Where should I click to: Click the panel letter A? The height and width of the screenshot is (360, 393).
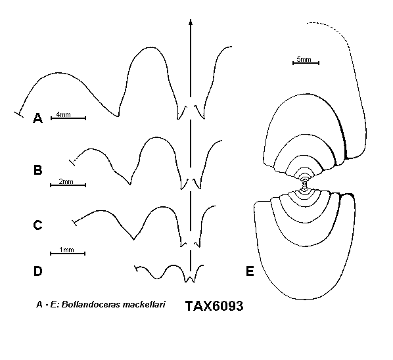(x=38, y=118)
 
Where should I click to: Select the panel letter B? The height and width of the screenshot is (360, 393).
(x=38, y=170)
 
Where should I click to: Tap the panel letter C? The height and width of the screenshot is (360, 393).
(x=37, y=225)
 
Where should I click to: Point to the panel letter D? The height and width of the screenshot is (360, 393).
(x=38, y=271)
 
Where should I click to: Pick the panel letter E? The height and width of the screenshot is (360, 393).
(x=250, y=271)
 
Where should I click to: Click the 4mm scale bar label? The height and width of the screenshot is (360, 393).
(x=63, y=114)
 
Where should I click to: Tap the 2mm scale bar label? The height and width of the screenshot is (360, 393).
(x=66, y=181)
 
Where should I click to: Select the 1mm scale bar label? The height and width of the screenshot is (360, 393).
(x=66, y=250)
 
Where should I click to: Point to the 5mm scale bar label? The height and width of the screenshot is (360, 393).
(x=304, y=59)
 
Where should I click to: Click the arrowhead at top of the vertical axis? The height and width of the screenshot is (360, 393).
(x=191, y=22)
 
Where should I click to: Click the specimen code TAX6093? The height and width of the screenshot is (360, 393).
(x=214, y=306)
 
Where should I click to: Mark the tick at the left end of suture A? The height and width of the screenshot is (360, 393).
(x=18, y=114)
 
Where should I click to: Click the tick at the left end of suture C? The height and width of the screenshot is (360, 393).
(x=74, y=223)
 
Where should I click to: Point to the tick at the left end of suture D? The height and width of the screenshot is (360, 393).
(x=136, y=269)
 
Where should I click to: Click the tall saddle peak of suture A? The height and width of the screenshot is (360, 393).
(x=150, y=47)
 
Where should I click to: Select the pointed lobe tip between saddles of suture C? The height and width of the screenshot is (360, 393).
(x=133, y=238)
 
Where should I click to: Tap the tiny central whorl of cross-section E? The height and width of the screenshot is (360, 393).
(x=304, y=185)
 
